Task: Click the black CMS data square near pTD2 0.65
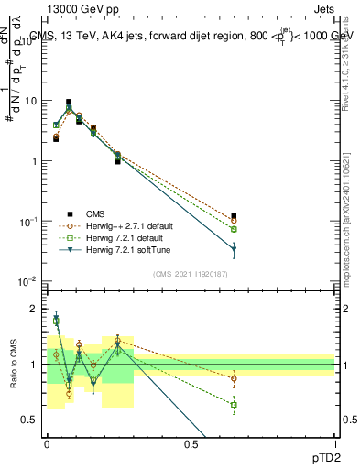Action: (x=235, y=216)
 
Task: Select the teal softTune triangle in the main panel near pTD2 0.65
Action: (x=235, y=249)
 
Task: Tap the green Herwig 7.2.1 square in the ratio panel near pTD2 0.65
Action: (x=235, y=404)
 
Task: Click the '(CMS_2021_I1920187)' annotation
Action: (x=190, y=273)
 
